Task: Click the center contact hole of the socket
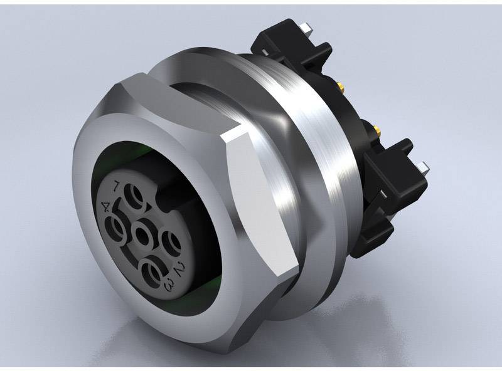click(x=142, y=236)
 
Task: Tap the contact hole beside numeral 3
click(x=151, y=272)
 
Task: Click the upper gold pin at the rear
click(x=340, y=86)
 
